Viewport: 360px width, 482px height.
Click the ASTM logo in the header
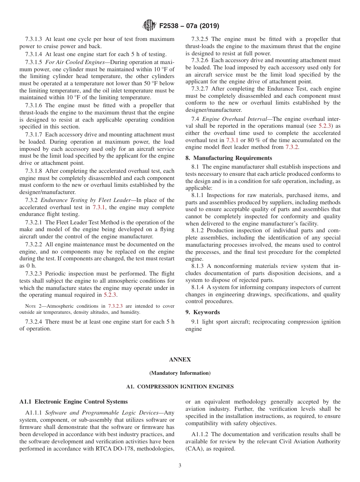click(x=149, y=26)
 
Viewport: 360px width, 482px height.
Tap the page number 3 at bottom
click(x=180, y=465)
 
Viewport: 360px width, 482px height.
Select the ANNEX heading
click(x=180, y=360)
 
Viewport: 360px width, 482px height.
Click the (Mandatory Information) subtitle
click(x=180, y=373)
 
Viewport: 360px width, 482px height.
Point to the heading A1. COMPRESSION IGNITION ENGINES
click(x=180, y=387)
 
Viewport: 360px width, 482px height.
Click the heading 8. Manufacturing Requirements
click(x=229, y=158)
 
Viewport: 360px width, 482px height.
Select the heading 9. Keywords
click(x=202, y=312)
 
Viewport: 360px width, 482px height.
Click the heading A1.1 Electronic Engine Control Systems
click(x=74, y=401)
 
